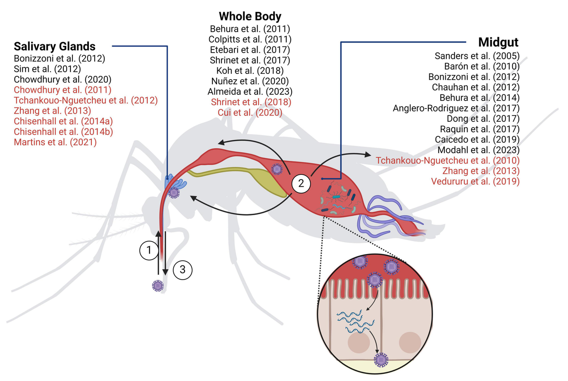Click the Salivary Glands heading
54,46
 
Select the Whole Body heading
250,17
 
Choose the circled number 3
182,270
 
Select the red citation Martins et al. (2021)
55,142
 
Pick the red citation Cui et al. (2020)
250,112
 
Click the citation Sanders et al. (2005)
477,56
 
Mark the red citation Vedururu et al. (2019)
475,181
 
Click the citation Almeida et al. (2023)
250,91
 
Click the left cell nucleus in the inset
357,342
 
